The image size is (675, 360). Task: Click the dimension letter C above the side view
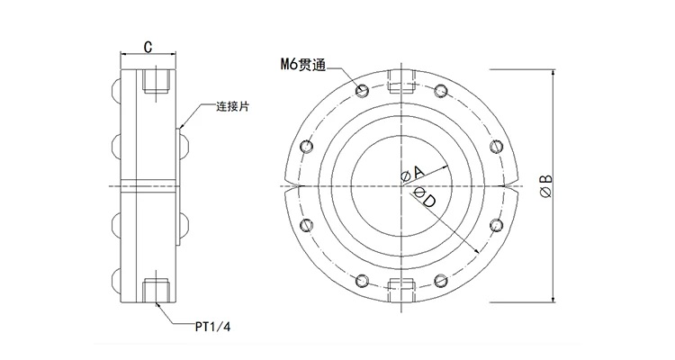tap(146, 46)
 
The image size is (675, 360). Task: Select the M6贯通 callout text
tap(303, 64)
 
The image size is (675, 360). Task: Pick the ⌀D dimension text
tap(426, 197)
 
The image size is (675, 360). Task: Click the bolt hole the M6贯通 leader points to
tap(362, 91)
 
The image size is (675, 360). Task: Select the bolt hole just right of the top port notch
tap(439, 91)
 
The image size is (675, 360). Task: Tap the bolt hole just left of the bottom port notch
tap(362, 279)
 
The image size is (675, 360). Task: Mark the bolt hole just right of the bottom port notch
tap(439, 279)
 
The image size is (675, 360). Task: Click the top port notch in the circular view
tap(400, 88)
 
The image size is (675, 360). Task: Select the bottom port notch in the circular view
tap(400, 285)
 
